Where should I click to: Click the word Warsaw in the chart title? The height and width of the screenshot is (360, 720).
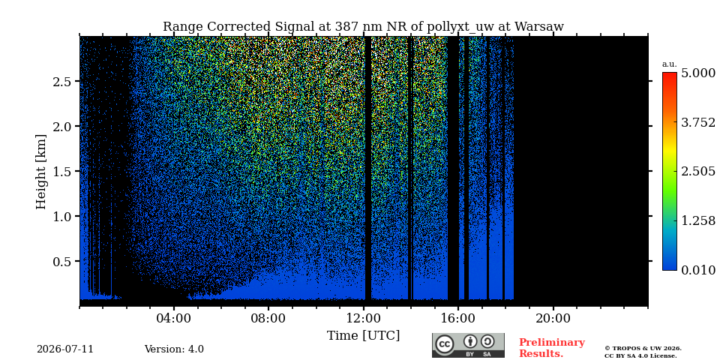pyautogui.click(x=539, y=27)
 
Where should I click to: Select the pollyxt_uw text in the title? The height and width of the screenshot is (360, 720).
pyautogui.click(x=460, y=27)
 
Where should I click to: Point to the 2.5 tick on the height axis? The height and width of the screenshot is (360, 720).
pyautogui.click(x=61, y=81)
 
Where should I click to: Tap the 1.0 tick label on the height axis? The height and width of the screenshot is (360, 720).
pyautogui.click(x=61, y=216)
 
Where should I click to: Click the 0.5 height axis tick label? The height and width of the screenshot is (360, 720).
pyautogui.click(x=61, y=261)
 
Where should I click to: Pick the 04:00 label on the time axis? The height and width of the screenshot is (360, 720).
pyautogui.click(x=174, y=318)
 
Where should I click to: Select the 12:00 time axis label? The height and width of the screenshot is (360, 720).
pyautogui.click(x=364, y=318)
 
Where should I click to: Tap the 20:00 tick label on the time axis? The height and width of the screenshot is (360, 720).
pyautogui.click(x=553, y=318)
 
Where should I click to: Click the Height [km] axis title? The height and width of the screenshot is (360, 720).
pyautogui.click(x=41, y=172)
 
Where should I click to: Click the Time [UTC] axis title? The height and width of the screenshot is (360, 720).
pyautogui.click(x=363, y=336)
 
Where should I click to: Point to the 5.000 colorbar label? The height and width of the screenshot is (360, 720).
pyautogui.click(x=698, y=73)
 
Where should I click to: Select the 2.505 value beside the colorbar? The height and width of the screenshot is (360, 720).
pyautogui.click(x=698, y=171)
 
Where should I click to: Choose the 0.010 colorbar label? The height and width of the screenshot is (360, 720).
pyautogui.click(x=698, y=270)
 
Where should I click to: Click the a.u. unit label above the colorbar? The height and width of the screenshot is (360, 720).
pyautogui.click(x=670, y=64)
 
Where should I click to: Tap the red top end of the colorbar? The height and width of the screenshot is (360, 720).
pyautogui.click(x=670, y=75)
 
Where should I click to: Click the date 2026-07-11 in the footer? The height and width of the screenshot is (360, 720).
pyautogui.click(x=65, y=349)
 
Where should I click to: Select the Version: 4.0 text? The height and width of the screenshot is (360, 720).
pyautogui.click(x=174, y=349)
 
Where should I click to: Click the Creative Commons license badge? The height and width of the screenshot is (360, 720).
pyautogui.click(x=468, y=345)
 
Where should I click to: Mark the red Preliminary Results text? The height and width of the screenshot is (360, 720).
pyautogui.click(x=552, y=348)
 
